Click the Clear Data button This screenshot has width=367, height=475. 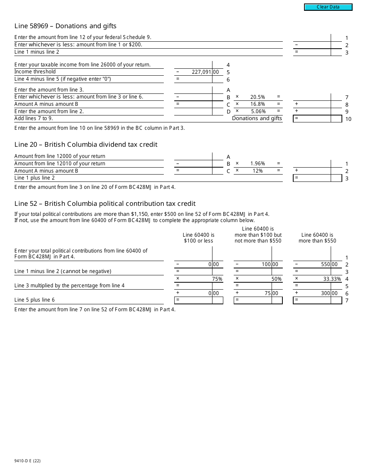tap(328, 7)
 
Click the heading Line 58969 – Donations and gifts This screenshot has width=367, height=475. tap(65, 26)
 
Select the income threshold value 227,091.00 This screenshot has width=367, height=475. tap(205, 72)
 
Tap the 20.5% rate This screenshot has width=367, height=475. tap(257, 97)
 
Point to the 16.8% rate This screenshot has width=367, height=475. tap(257, 104)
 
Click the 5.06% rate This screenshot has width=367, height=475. tap(258, 112)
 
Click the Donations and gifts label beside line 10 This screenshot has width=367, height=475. tap(257, 119)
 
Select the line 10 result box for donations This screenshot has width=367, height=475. tap(317, 119)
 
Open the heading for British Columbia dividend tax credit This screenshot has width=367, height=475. tap(86, 145)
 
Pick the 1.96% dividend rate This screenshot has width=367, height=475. tap(257, 164)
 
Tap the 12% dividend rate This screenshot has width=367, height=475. tap(258, 171)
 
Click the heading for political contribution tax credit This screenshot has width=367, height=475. tap(105, 204)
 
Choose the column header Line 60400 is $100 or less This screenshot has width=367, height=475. tap(198, 238)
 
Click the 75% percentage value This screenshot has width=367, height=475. tap(217, 279)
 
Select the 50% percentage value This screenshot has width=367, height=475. tap(276, 279)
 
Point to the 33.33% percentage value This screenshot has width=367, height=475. tap(332, 279)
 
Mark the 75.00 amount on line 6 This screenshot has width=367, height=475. tap(271, 293)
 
